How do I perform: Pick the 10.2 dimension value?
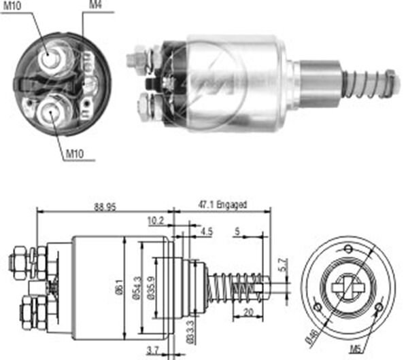click(x=155, y=220)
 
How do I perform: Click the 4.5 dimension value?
click(x=207, y=231)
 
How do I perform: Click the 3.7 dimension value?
click(x=154, y=350)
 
